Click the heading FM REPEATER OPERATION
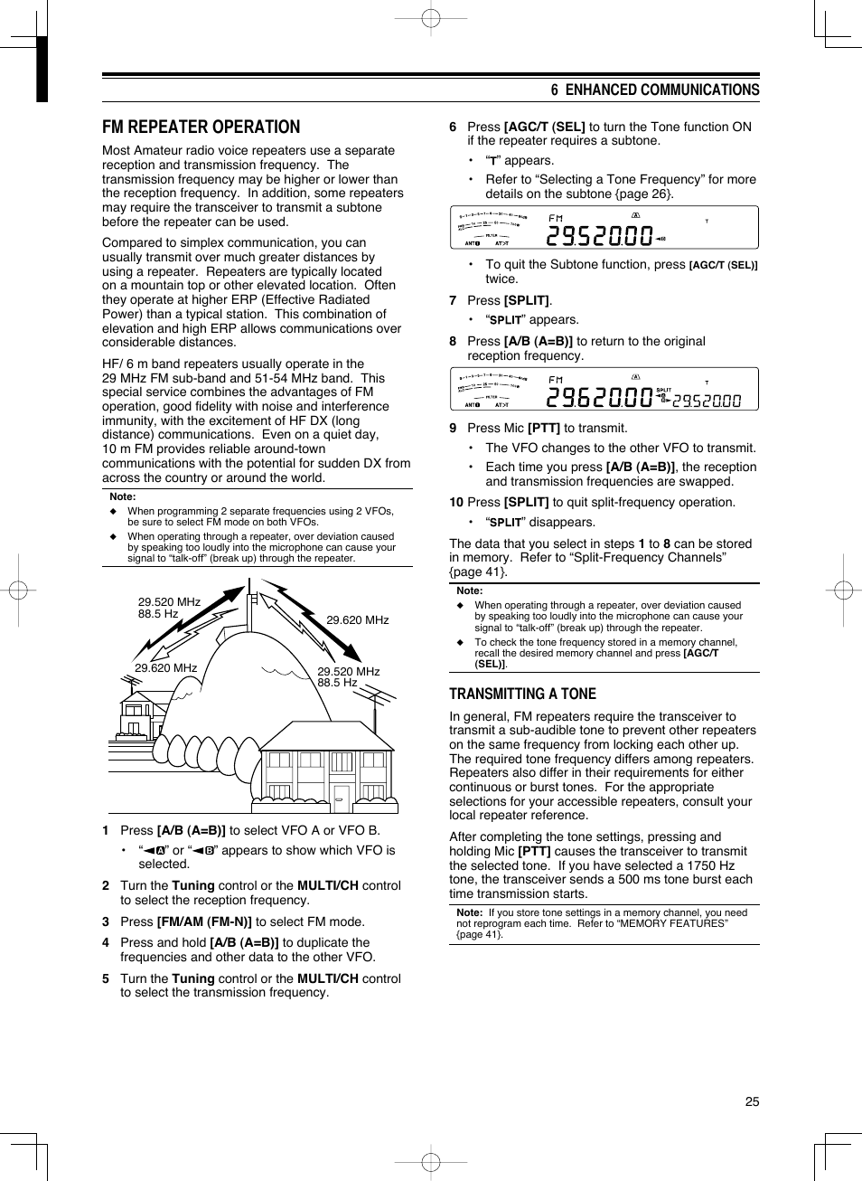(201, 127)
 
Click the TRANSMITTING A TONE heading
(522, 694)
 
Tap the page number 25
(752, 1101)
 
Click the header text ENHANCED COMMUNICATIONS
(661, 90)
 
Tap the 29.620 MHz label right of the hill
(357, 620)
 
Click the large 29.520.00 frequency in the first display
(599, 236)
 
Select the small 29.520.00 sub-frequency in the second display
(707, 401)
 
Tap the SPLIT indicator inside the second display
(663, 390)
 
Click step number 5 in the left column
(106, 978)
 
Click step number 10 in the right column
(456, 502)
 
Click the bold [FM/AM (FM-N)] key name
(204, 921)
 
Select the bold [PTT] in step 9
(543, 428)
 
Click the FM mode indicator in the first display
(556, 218)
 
